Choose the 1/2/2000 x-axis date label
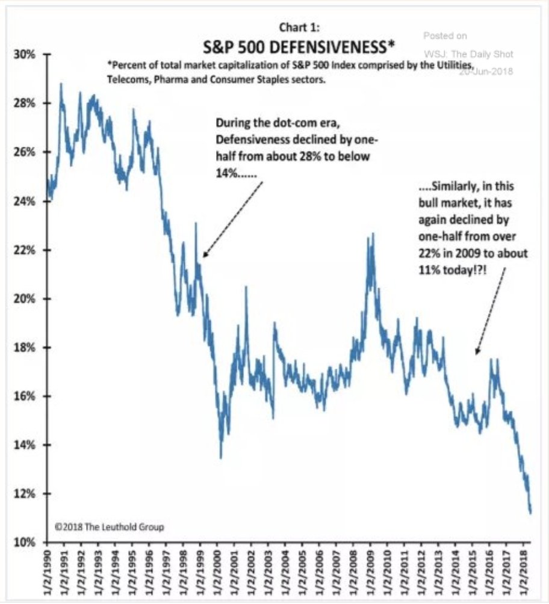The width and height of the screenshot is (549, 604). tap(222, 572)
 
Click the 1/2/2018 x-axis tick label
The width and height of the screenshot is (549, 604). tap(527, 572)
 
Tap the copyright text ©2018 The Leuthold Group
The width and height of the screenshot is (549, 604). tap(109, 527)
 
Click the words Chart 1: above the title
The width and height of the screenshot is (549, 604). tap(297, 27)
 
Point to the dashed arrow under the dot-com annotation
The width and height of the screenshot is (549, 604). tap(233, 220)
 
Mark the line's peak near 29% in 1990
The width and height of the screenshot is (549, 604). tap(61, 84)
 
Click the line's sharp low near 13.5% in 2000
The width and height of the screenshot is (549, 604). tap(221, 457)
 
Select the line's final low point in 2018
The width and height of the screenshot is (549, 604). tap(530, 513)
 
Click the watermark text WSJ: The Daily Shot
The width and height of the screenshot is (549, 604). tap(468, 55)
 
